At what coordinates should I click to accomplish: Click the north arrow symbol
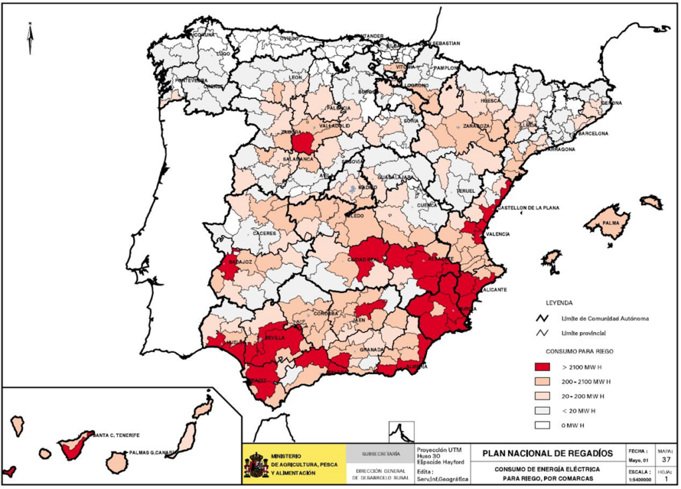(x=30, y=38)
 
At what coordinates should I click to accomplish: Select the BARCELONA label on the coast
(x=593, y=133)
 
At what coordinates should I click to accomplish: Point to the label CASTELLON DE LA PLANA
(x=529, y=208)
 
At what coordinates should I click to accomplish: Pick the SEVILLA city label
(x=275, y=338)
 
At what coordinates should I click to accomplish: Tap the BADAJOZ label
(x=240, y=262)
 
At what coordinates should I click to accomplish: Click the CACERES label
(x=264, y=234)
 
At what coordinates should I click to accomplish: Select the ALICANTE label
(x=495, y=290)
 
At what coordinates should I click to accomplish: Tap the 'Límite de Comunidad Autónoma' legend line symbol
(x=541, y=318)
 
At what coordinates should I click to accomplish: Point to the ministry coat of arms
(x=255, y=465)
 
